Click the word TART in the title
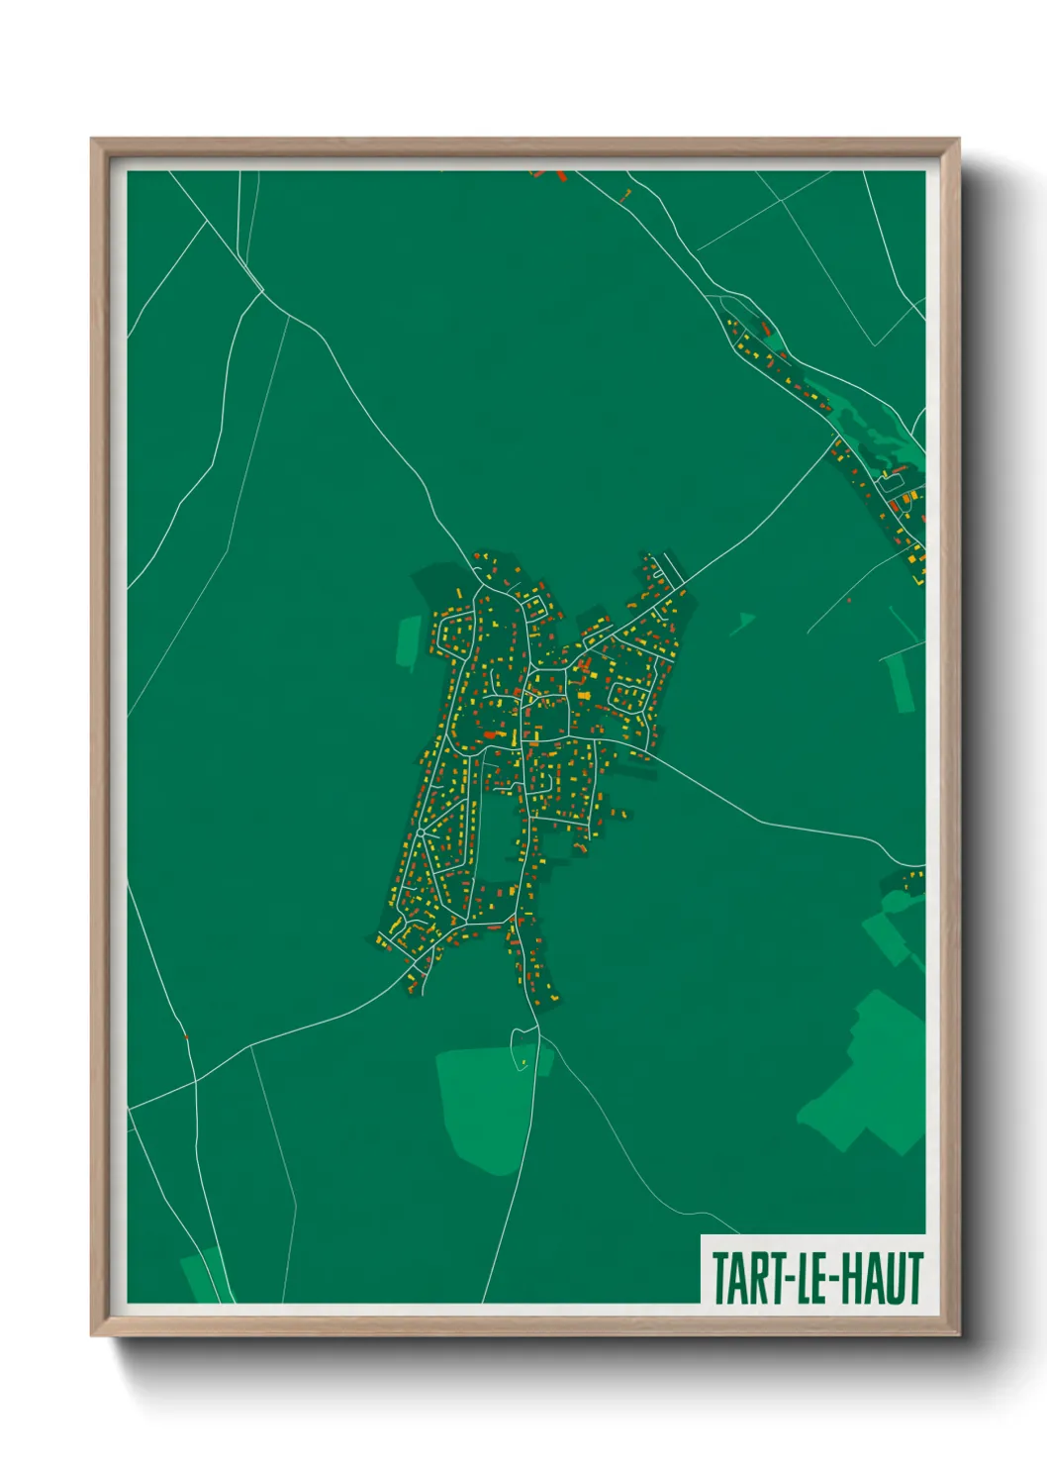[745, 1278]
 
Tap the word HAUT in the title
[883, 1278]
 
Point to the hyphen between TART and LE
[787, 1279]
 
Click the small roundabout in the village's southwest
[421, 833]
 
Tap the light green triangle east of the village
[742, 622]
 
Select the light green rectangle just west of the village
[408, 640]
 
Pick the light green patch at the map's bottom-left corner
[202, 1276]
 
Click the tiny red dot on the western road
[185, 1036]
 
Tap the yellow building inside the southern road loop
[523, 1063]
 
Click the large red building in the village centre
[489, 734]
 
